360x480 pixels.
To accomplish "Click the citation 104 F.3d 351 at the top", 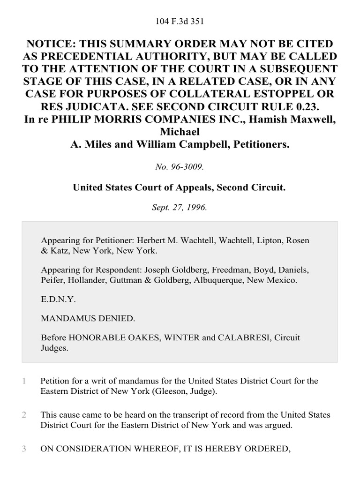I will [x=180, y=21].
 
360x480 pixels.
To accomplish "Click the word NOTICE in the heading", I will [x=50, y=44].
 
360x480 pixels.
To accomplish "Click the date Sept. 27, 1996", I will [x=180, y=207].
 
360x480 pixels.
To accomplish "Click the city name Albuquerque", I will [x=218, y=280].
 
